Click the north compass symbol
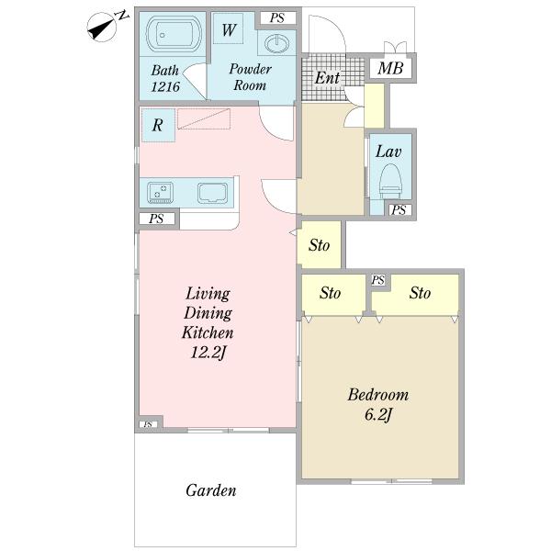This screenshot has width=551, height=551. pos(102,28)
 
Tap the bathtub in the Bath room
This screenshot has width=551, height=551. pos(174,34)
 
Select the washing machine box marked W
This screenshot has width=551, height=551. pos(229,28)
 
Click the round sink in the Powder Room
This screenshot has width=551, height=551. pos(277,43)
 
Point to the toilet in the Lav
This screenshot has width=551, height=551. pos(391,181)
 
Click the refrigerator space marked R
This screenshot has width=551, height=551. pos(159,125)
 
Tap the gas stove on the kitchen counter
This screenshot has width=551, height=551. pos(160,193)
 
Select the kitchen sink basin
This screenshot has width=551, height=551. pos(212,193)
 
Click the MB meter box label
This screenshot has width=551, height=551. pos(390,68)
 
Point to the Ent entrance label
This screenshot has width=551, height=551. pos(327,78)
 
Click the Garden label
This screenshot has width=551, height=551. pos(211,490)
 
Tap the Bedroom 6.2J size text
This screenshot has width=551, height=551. pos(378,415)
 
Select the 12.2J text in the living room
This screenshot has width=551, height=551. pos(208,353)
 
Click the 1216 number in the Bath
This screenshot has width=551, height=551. pos(165,86)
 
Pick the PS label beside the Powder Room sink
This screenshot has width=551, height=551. pos(277,18)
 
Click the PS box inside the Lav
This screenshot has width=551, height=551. pos(399,210)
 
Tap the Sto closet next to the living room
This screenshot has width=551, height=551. pos(319,244)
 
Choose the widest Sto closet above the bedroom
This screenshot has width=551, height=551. pos(415,295)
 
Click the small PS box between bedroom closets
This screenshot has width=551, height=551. pos(378,280)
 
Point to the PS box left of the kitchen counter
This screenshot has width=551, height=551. pos(156,219)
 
